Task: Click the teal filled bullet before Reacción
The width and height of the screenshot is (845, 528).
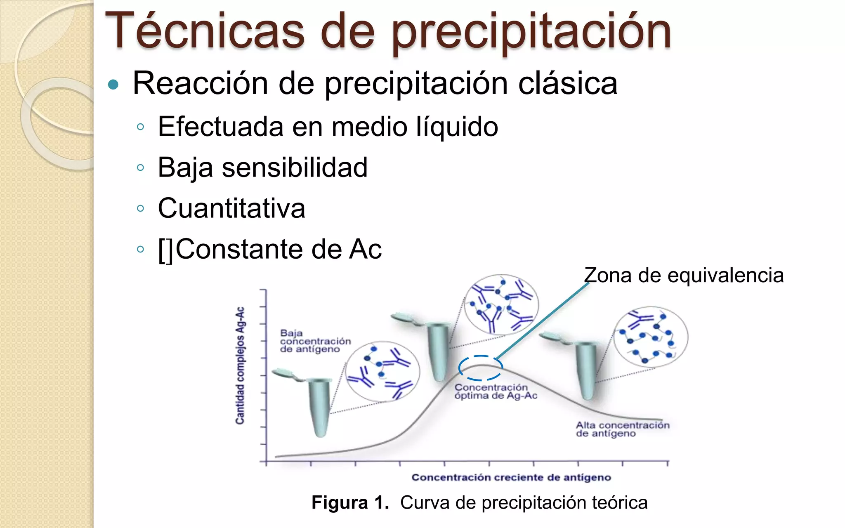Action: pos(113,85)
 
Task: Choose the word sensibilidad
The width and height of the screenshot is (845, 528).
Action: pos(295,167)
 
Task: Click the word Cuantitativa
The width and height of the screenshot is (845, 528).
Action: pos(231,208)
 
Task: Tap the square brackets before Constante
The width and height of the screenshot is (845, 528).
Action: pos(166,250)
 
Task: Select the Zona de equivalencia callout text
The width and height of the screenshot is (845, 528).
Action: pos(684,275)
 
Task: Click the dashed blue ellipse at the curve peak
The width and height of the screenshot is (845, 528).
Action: pos(481,368)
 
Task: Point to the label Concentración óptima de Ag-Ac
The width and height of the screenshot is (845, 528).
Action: pos(496,391)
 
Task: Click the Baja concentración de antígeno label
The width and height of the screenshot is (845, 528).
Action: pos(315,341)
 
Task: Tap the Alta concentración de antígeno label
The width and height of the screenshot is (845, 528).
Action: pos(622,429)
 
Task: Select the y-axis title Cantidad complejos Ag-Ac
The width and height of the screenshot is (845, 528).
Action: pos(240,365)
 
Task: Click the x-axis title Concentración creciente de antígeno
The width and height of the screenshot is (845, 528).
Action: pos(511,477)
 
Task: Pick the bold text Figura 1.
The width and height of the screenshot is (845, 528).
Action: pos(350,503)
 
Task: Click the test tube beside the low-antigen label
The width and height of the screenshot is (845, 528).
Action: pos(319,406)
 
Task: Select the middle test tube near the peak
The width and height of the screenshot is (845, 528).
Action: pos(438,351)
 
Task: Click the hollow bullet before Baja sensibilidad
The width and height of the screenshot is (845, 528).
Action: pos(140,167)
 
